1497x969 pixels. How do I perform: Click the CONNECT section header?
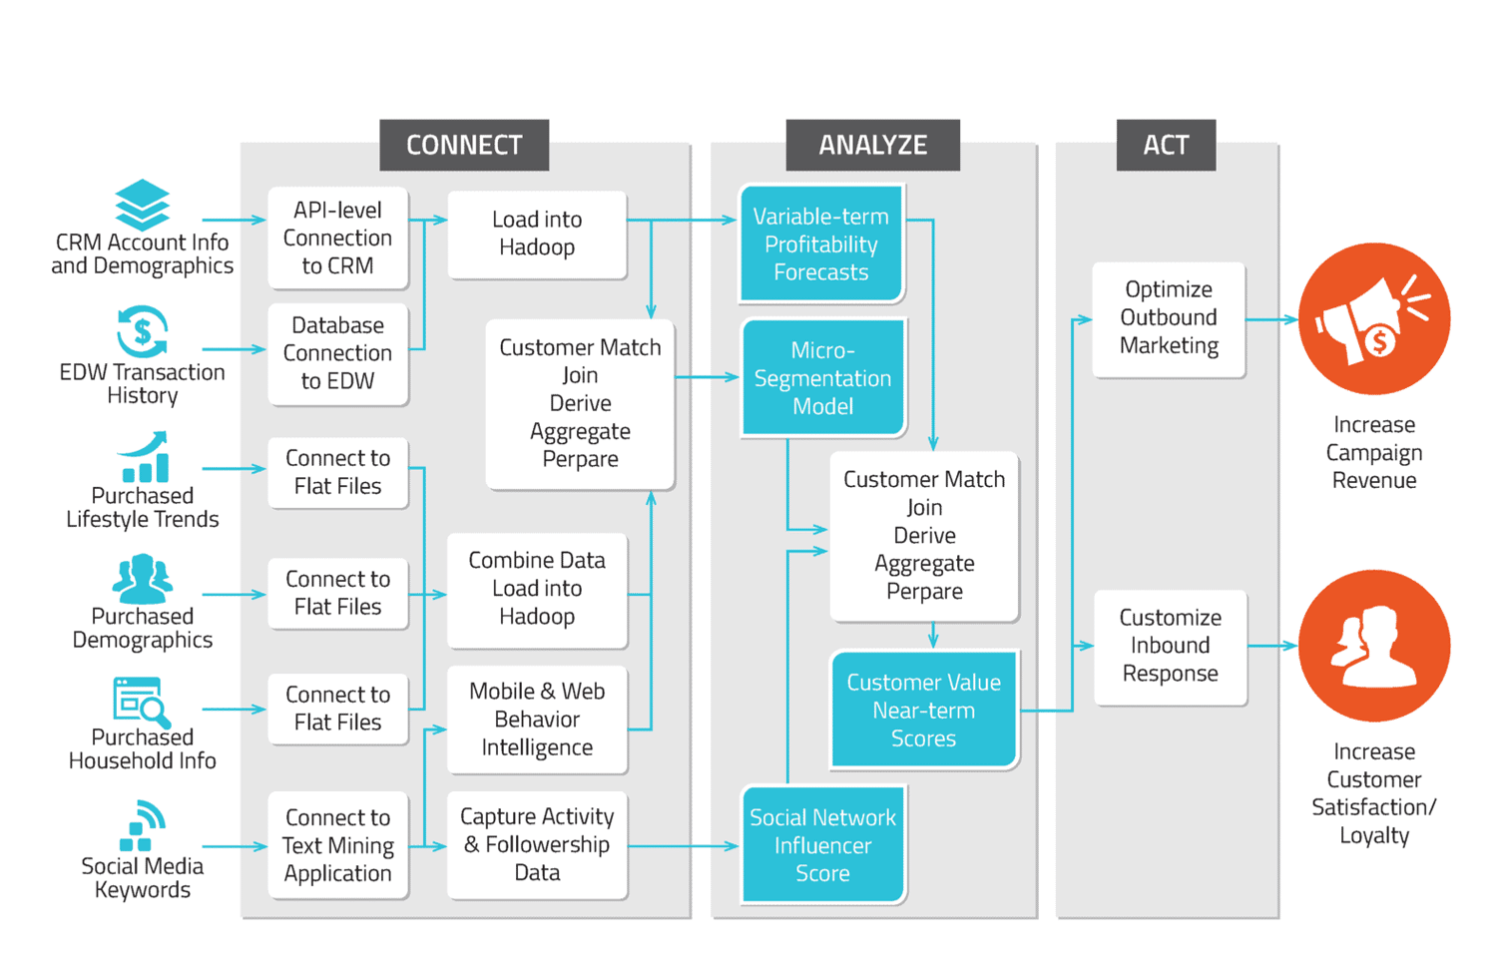pos(464,146)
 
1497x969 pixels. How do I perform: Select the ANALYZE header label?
pos(872,146)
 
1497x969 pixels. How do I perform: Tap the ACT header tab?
pos(1166,146)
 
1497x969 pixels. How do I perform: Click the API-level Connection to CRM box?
pos(337,239)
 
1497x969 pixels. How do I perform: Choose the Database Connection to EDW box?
pos(337,353)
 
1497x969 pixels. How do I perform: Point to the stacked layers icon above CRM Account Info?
pos(142,205)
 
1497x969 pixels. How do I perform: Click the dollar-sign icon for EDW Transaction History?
pos(142,331)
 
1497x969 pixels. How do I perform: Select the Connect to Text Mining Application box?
pos(337,845)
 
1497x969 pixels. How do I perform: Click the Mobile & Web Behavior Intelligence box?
pos(537,720)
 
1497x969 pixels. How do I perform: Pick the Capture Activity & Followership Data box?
pos(537,844)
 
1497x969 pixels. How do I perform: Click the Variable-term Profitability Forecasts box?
pos(821,244)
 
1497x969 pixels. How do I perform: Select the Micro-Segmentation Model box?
pos(822,378)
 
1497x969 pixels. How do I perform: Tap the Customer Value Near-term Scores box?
pos(923,711)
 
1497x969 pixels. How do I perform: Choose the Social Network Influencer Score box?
pos(822,845)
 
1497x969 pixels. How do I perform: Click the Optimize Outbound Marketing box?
pos(1169,318)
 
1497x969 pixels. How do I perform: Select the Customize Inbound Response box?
pos(1170,646)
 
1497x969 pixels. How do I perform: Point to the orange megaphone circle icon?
pos(1374,319)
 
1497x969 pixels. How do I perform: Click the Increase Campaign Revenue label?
pos(1374,453)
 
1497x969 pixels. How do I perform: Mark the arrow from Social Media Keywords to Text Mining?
pos(235,846)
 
